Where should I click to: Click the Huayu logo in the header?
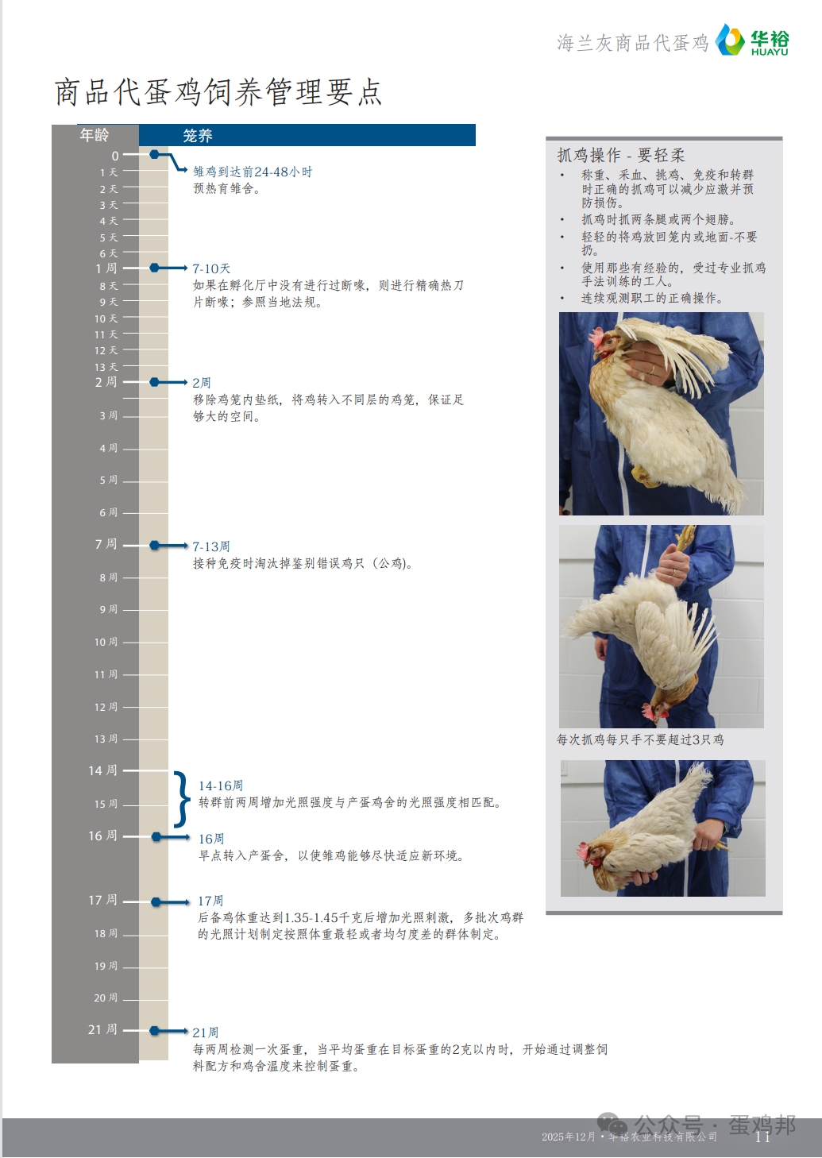[x=752, y=40]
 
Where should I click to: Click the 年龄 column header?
[x=94, y=135]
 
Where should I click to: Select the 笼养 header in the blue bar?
[x=198, y=136]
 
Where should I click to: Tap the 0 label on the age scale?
[x=115, y=156]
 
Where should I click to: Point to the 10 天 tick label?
[x=106, y=318]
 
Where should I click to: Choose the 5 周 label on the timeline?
[x=109, y=481]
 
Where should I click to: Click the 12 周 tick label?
[x=106, y=707]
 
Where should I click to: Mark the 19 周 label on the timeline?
[x=106, y=966]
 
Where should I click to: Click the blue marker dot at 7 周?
[x=154, y=546]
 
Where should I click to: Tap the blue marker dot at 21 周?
[x=154, y=1030]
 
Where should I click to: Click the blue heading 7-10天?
[x=211, y=268]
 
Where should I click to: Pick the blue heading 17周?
[x=210, y=901]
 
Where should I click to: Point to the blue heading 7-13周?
[x=211, y=546]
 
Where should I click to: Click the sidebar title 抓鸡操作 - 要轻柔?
[x=621, y=155]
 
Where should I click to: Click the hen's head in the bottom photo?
[x=595, y=855]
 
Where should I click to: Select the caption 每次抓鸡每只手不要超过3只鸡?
[x=640, y=739]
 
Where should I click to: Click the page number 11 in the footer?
[x=762, y=1137]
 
